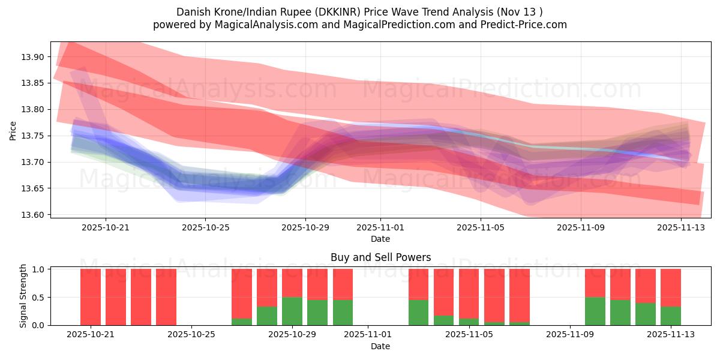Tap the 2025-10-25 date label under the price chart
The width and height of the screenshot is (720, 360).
pyautogui.click(x=205, y=227)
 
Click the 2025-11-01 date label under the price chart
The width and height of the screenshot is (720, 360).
pyautogui.click(x=380, y=227)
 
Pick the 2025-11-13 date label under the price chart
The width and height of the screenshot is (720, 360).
pyautogui.click(x=680, y=227)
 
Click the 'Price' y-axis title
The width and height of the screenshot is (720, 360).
pyautogui.click(x=13, y=130)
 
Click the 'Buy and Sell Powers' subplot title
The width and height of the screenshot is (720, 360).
pyautogui.click(x=380, y=258)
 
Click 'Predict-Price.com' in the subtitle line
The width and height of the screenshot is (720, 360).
pyautogui.click(x=526, y=25)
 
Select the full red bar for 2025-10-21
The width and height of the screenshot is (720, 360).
pyautogui.click(x=91, y=297)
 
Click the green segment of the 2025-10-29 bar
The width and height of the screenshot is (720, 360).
pyautogui.click(x=292, y=311)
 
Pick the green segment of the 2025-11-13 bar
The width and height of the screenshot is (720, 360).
pyautogui.click(x=671, y=316)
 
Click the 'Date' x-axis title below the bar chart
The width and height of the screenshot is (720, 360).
pyautogui.click(x=380, y=346)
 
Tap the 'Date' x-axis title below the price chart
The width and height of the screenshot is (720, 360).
pyautogui.click(x=380, y=239)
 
